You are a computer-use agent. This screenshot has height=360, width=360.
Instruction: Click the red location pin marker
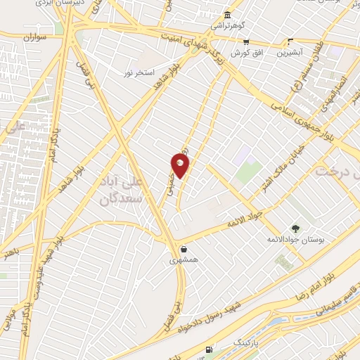(x=180, y=166)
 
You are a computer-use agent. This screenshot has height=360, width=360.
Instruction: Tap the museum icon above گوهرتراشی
(x=227, y=15)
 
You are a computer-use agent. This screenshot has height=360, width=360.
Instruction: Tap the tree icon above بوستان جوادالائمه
(x=295, y=228)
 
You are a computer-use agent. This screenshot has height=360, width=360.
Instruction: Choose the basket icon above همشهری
(x=184, y=249)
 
